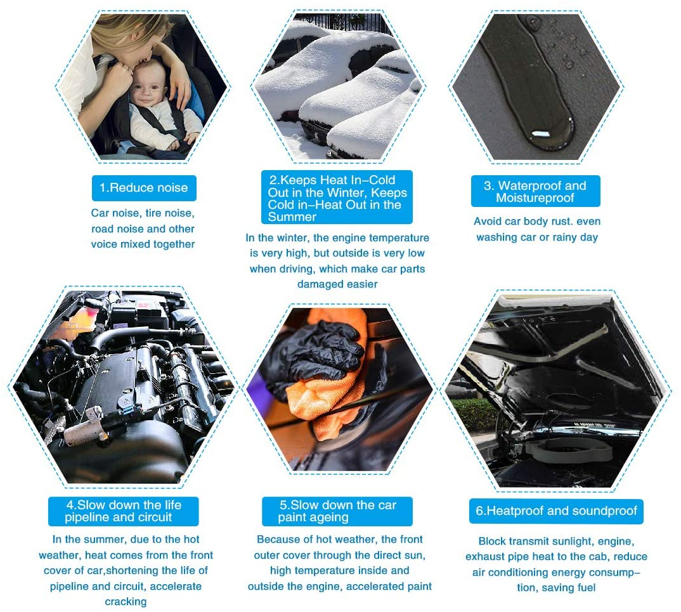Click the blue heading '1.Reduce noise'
coord(144,188)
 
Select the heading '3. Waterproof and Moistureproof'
coord(535,191)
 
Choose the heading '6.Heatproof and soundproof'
coord(556,510)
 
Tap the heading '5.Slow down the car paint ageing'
coord(337,511)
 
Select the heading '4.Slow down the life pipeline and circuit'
coord(124,511)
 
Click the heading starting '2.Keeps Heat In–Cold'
coord(337,198)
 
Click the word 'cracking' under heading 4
coord(126,602)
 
